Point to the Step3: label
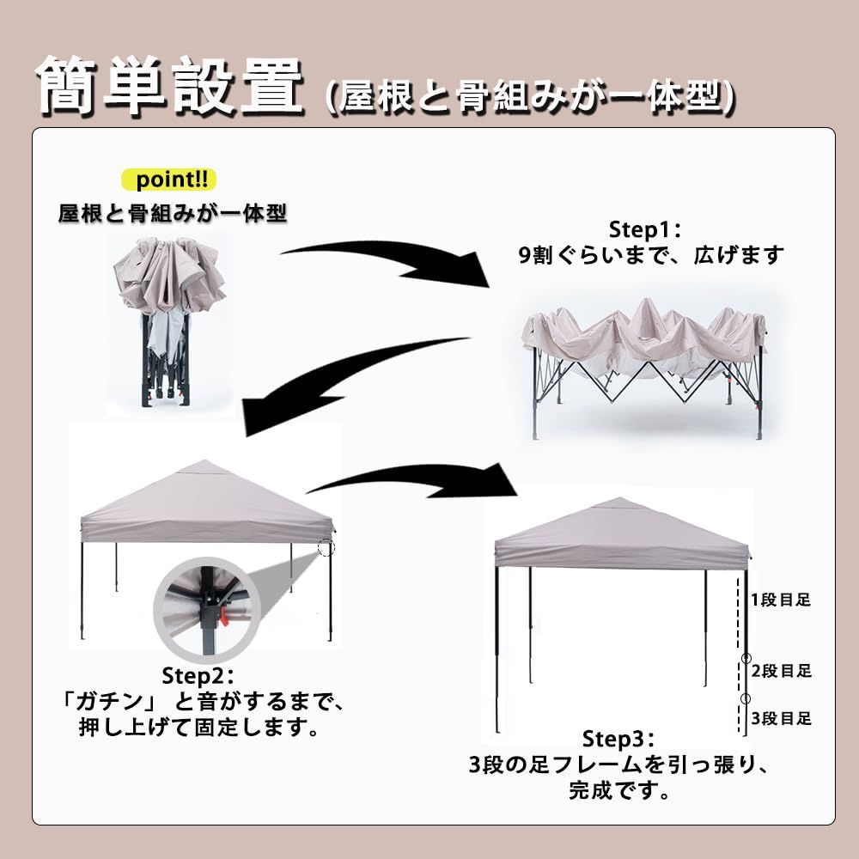pos(619,740)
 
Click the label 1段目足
pos(781,600)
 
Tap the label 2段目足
pos(781,671)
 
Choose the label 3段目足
pos(781,718)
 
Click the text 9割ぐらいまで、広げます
pos(651,255)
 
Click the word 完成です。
pos(619,789)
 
